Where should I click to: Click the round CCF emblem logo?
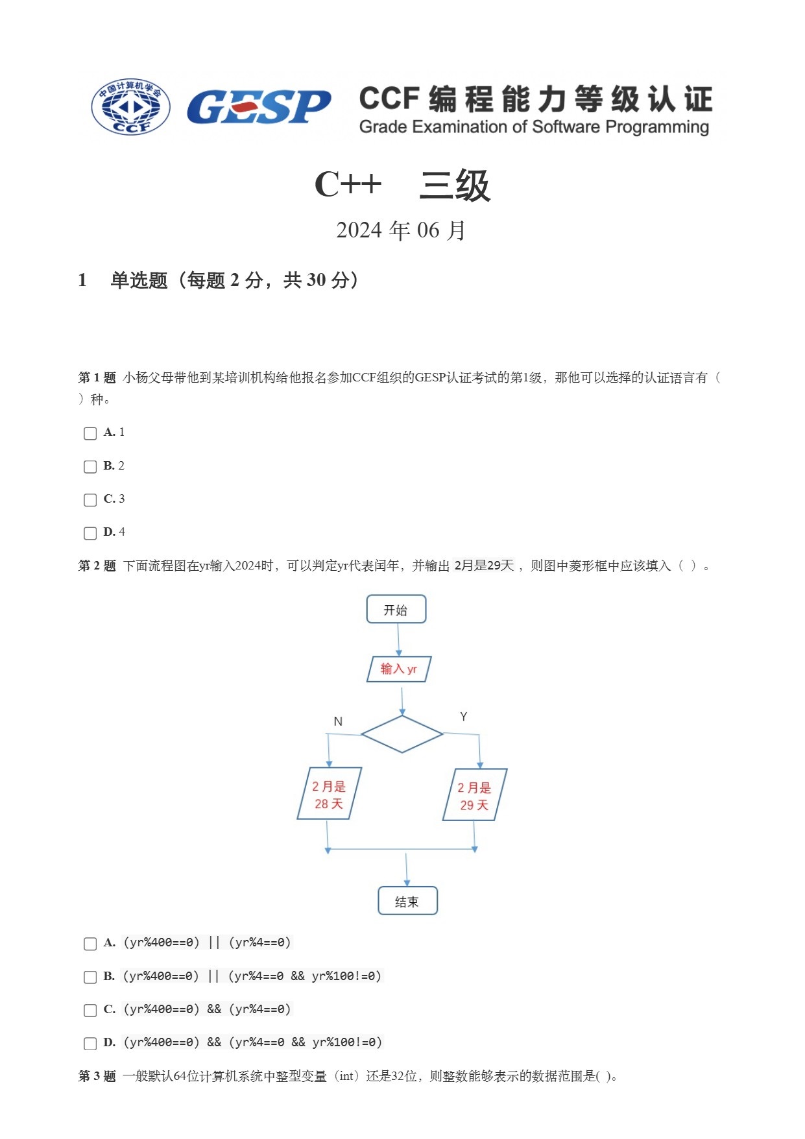[131, 107]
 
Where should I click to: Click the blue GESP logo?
[259, 107]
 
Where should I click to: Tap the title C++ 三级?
[402, 186]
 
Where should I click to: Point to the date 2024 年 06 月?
[402, 230]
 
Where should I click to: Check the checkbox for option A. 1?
[90, 433]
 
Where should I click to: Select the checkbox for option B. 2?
[90, 467]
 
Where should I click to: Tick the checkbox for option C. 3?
[90, 500]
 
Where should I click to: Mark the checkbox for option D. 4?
[90, 533]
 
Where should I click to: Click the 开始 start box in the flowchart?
[396, 610]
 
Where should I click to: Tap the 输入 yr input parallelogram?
[398, 669]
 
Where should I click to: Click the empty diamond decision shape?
[402, 734]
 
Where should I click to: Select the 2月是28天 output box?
[329, 795]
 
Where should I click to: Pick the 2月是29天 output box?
[474, 796]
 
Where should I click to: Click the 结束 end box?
[407, 902]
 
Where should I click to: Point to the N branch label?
[338, 722]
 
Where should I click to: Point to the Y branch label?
[463, 717]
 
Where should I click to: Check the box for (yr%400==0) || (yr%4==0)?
[90, 944]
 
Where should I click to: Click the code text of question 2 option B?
[252, 976]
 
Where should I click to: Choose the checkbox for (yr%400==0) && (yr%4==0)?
[90, 1011]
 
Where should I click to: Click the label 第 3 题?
[97, 1077]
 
